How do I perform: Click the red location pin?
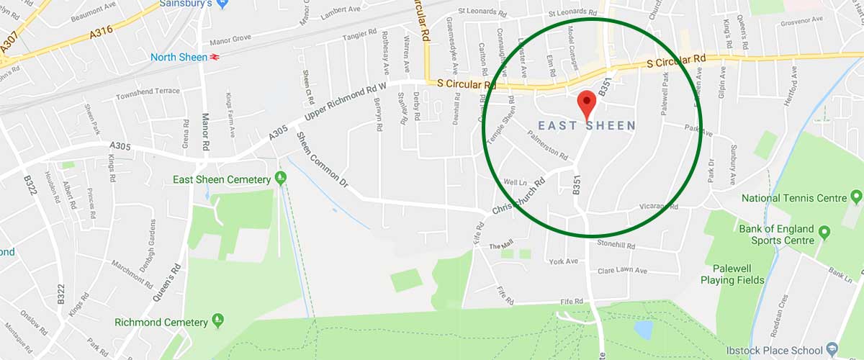587,104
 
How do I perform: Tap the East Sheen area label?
587,126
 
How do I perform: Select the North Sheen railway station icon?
215,57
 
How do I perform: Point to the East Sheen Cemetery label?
220,179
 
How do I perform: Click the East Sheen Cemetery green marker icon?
281,178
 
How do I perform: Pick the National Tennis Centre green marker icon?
856,197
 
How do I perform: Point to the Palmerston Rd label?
548,145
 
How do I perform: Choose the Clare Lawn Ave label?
623,271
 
